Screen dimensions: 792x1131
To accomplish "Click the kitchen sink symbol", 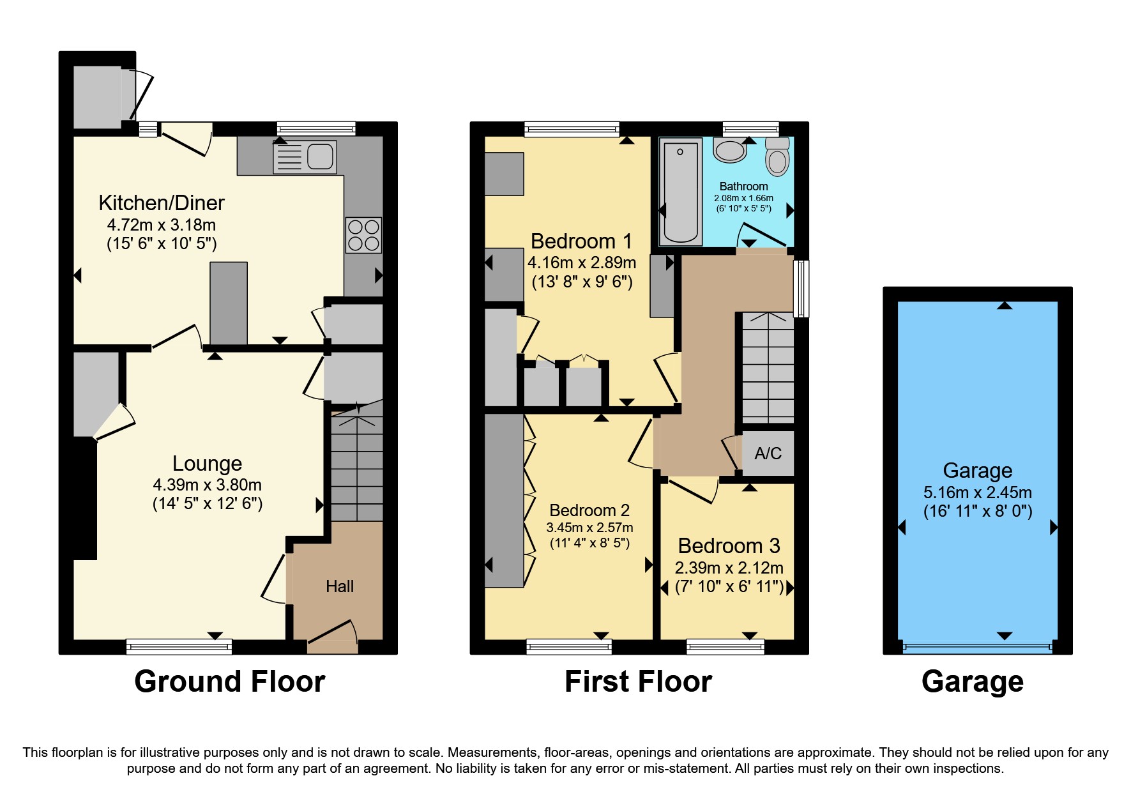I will [x=305, y=157].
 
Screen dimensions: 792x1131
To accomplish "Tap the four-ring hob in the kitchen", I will [x=363, y=235].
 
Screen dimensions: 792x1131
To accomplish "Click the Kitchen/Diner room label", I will [x=162, y=203].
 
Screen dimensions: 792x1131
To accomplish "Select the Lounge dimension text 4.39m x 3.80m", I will [x=207, y=485].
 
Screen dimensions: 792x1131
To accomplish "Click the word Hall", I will [x=340, y=586].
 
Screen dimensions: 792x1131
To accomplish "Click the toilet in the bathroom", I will [x=777, y=157].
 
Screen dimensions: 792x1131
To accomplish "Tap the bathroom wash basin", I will [x=730, y=151].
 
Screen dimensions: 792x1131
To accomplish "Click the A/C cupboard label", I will [x=768, y=453].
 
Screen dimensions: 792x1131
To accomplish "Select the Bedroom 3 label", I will [x=729, y=546].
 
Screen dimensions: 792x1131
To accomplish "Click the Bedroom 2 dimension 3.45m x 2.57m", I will [x=589, y=528].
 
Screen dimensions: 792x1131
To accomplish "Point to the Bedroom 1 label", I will [x=581, y=241].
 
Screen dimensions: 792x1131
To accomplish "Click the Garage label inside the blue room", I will [x=977, y=471].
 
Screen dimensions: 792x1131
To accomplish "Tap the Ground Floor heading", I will [x=229, y=682].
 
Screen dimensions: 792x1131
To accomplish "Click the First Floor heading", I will [x=638, y=682].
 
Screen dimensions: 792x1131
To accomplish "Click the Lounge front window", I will [x=179, y=647].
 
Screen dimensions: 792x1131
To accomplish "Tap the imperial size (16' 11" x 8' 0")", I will [x=977, y=512].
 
